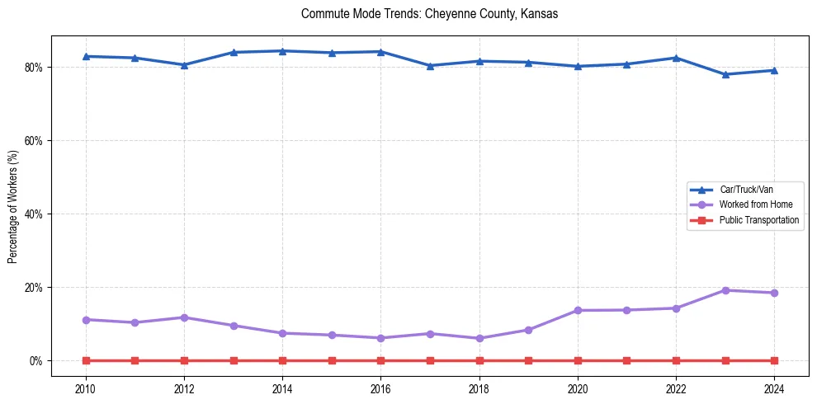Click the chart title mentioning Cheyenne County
click(x=429, y=14)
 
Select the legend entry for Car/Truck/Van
click(x=745, y=190)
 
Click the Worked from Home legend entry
click(x=753, y=204)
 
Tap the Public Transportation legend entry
click(x=758, y=220)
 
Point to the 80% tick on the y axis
click(x=35, y=67)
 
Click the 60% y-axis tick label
click(x=35, y=140)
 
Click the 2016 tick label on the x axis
click(x=380, y=388)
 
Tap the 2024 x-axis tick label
click(x=774, y=388)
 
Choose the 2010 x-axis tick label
click(x=86, y=388)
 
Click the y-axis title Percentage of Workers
click(x=13, y=207)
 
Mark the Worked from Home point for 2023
click(x=725, y=290)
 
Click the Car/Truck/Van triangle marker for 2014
click(x=282, y=51)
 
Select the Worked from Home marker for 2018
click(x=479, y=338)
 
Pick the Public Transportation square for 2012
click(x=184, y=360)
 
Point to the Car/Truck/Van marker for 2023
click(x=725, y=74)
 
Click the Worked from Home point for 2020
click(x=578, y=310)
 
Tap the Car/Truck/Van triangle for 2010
click(x=86, y=56)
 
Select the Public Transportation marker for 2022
click(x=676, y=360)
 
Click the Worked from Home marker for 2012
click(x=184, y=317)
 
